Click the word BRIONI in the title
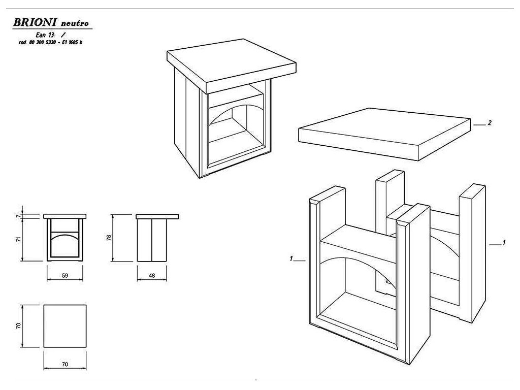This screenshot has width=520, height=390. click(x=34, y=23)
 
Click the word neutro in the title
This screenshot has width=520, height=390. click(x=76, y=24)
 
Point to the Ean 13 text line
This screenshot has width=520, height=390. click(x=49, y=35)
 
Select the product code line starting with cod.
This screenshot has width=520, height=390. click(x=50, y=42)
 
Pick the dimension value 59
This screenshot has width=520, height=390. click(x=64, y=275)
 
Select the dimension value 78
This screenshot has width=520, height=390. click(x=109, y=238)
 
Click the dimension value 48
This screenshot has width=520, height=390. click(x=152, y=275)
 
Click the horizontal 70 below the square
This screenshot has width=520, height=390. click(x=64, y=364)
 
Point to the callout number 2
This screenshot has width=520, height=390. click(x=489, y=123)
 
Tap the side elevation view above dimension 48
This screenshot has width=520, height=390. click(x=152, y=239)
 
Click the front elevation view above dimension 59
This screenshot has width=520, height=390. click(x=64, y=239)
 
